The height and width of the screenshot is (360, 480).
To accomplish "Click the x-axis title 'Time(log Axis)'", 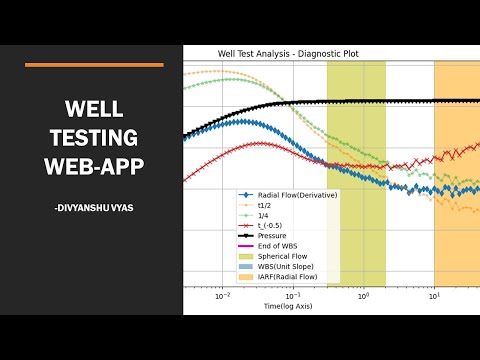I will click(x=293, y=304).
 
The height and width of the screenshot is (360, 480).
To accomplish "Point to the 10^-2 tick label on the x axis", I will click(x=223, y=295).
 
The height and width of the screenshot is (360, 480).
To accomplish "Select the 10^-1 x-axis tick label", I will click(x=293, y=295).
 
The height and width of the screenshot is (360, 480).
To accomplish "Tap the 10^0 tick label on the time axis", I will click(x=363, y=295).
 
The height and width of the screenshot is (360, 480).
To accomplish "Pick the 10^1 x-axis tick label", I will click(x=434, y=295).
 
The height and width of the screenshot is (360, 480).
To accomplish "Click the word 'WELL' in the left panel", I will click(x=93, y=108).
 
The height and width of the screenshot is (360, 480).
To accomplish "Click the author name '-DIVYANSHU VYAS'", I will click(x=95, y=207).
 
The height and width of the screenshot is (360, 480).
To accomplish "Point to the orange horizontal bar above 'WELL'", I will click(x=93, y=64).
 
